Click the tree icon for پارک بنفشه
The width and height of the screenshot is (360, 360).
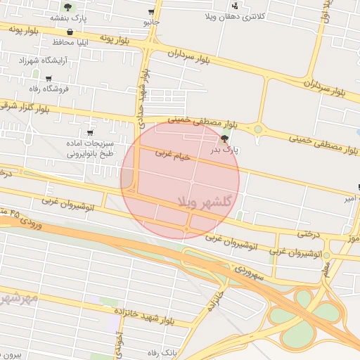[67, 6]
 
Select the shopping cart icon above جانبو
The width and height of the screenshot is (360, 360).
[151, 13]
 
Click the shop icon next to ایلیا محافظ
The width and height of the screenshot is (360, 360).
[70, 32]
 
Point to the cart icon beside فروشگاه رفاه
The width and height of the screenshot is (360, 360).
[48, 78]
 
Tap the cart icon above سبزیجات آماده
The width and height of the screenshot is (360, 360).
[89, 132]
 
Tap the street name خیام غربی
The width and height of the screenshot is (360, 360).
[173, 155]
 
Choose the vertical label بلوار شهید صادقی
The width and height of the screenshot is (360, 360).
[142, 101]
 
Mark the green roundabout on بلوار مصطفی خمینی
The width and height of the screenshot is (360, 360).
[258, 129]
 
